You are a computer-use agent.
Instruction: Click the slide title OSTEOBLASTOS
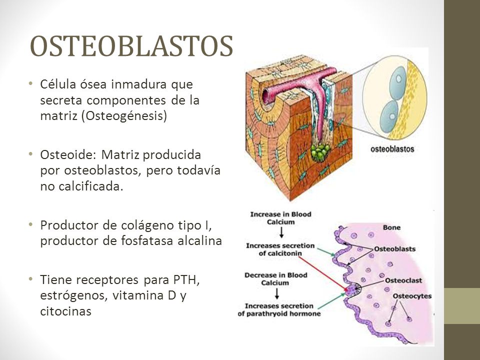[131, 46]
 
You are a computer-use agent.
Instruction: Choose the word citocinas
[66, 311]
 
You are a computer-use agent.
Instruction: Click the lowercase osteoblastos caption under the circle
[392, 149]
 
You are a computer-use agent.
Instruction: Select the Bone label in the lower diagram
[391, 227]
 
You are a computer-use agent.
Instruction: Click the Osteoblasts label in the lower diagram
[394, 249]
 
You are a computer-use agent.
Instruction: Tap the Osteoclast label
[403, 280]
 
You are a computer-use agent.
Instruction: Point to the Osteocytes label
[412, 296]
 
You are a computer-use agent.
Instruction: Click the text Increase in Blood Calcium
[280, 218]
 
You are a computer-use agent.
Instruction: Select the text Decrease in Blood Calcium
[275, 279]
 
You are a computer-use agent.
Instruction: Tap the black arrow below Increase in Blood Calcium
[281, 232]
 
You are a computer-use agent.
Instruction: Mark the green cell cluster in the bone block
[320, 152]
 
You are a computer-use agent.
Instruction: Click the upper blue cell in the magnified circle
[397, 82]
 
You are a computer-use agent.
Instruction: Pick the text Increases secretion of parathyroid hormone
[279, 310]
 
